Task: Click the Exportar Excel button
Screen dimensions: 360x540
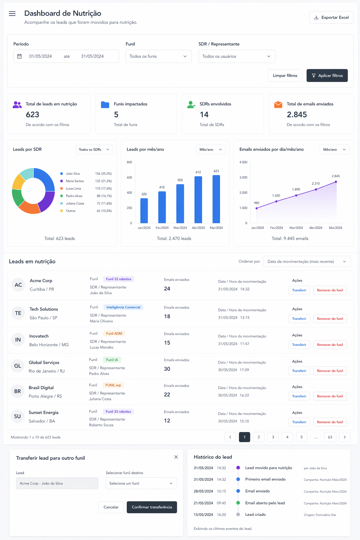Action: click(x=331, y=17)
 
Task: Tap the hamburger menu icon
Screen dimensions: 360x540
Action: click(x=12, y=13)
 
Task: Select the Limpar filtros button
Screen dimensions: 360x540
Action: click(x=285, y=76)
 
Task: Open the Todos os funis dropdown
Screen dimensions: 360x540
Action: click(x=159, y=56)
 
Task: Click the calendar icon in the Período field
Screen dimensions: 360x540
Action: click(x=20, y=56)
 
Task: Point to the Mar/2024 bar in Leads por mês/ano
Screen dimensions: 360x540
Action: click(x=180, y=204)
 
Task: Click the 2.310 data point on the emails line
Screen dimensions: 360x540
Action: click(x=316, y=189)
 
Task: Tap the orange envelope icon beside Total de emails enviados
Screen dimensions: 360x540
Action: click(x=278, y=104)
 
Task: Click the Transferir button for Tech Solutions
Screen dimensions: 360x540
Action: click(x=299, y=319)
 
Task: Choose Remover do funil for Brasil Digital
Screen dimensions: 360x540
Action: click(x=330, y=396)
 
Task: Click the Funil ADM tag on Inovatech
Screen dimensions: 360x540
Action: click(x=114, y=333)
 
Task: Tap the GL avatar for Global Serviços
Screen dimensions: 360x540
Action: click(x=18, y=366)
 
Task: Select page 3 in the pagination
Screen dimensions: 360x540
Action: click(x=273, y=437)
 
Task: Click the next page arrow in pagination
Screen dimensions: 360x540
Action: click(x=345, y=437)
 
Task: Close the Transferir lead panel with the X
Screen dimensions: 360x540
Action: click(x=176, y=457)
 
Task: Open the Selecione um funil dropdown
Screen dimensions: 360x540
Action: click(x=141, y=483)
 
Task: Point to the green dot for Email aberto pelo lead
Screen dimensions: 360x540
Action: click(x=238, y=503)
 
